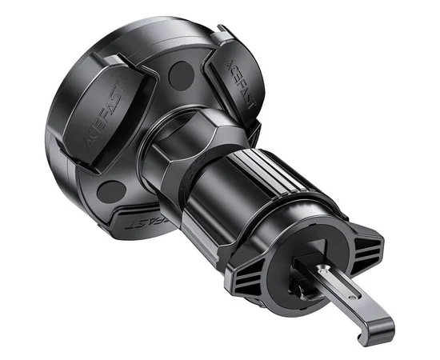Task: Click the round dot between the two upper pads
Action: click(x=182, y=78)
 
